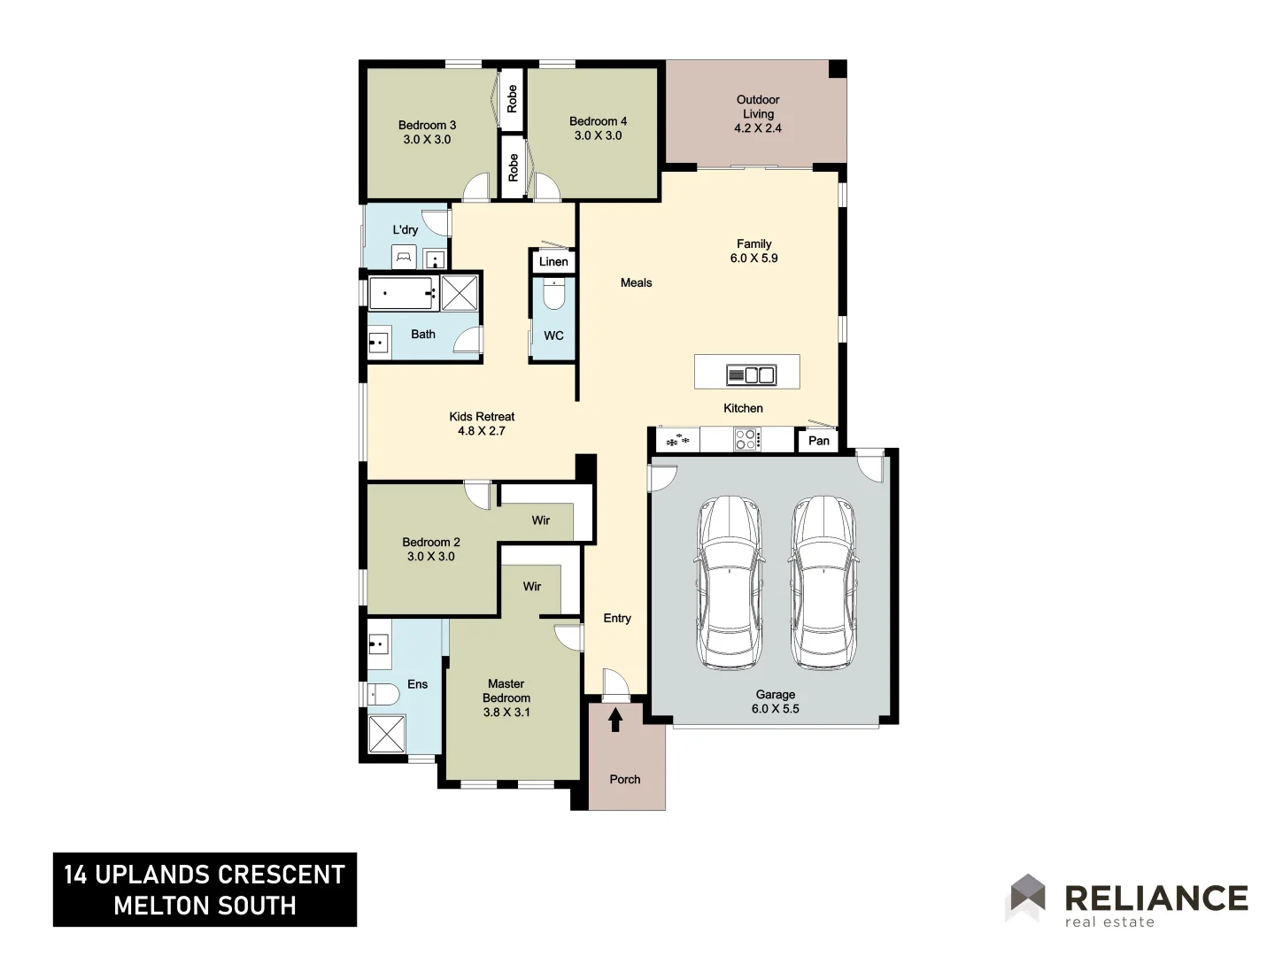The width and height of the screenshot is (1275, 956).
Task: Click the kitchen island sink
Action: tap(751, 375)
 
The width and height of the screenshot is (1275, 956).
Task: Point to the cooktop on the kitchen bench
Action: tap(746, 439)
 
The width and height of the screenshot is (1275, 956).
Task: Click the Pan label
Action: tap(819, 441)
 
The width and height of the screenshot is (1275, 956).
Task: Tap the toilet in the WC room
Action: tap(554, 295)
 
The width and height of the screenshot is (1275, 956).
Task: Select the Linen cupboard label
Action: tap(553, 261)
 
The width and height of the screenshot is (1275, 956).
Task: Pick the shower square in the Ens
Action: tap(386, 734)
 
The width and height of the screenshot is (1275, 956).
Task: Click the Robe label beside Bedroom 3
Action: tap(512, 98)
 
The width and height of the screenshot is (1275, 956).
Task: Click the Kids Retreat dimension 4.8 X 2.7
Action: tap(481, 431)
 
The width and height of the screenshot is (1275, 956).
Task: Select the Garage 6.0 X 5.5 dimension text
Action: tap(775, 709)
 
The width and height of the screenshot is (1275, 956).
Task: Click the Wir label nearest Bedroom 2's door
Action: tap(540, 520)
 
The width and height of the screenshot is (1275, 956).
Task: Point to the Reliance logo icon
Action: tap(1027, 896)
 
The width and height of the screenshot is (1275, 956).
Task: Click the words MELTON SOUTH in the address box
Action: tap(205, 906)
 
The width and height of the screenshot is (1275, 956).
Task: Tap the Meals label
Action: tap(636, 283)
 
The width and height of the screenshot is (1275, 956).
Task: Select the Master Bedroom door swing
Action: tap(568, 636)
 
